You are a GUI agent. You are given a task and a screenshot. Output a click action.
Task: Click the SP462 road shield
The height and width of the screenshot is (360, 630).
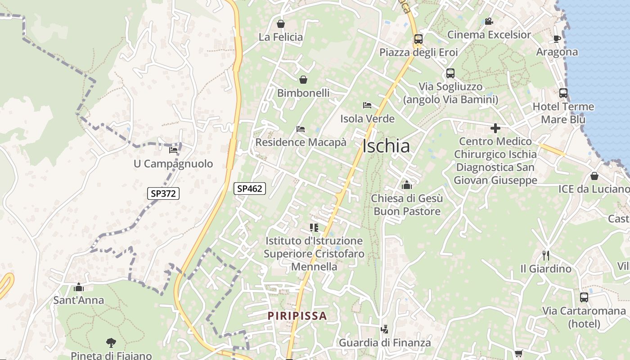(249, 189)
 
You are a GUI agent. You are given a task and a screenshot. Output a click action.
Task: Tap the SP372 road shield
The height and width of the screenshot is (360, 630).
(163, 193)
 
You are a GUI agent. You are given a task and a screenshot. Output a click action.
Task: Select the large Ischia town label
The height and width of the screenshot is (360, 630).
(386, 146)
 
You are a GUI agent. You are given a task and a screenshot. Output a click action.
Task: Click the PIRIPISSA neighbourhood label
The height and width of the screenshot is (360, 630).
(297, 315)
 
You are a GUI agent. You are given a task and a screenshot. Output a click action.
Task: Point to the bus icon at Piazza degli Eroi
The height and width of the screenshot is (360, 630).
(418, 39)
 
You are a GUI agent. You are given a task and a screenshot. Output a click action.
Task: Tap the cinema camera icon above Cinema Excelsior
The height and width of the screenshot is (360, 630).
(489, 21)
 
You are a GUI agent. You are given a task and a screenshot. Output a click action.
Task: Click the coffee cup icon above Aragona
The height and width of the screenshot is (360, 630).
(557, 39)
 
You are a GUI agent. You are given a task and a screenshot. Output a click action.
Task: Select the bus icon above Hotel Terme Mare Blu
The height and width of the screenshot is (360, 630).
(563, 93)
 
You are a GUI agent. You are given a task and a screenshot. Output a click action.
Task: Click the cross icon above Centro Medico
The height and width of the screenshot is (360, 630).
(495, 128)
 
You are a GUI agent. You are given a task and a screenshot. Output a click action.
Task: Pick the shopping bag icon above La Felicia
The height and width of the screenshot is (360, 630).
(281, 23)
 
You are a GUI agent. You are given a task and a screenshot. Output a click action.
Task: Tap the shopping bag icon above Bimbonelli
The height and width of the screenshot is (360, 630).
(303, 80)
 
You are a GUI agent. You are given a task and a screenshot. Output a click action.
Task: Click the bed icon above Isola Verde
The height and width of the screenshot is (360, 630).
(367, 105)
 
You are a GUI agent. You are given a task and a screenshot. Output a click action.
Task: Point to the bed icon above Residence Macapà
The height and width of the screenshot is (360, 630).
(301, 129)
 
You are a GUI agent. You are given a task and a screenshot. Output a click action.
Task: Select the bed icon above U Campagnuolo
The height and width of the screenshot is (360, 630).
(173, 150)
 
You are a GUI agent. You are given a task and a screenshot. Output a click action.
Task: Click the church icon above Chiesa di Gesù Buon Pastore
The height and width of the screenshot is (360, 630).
(407, 184)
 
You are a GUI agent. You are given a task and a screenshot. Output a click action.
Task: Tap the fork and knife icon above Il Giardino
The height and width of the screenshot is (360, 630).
(546, 255)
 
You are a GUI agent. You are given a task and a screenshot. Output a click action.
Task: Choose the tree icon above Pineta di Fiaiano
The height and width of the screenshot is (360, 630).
(111, 342)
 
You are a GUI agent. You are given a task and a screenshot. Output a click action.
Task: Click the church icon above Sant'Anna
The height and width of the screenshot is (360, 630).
(79, 287)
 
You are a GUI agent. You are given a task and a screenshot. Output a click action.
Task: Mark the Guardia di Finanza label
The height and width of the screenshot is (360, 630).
(385, 342)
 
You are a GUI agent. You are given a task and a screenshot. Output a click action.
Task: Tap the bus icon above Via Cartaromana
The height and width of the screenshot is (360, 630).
(584, 297)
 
